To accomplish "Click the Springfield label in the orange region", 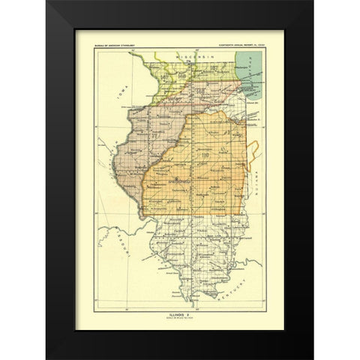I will tap(175, 181).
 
